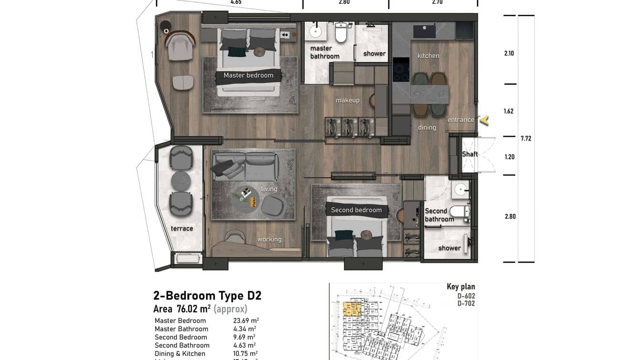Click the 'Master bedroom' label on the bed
[x=248, y=75]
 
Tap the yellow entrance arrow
[x=484, y=120]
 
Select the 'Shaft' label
[x=470, y=154]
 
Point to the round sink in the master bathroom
[x=316, y=32]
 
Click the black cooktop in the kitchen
[x=401, y=70]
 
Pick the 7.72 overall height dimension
[x=526, y=138]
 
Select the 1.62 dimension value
[x=509, y=111]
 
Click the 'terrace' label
[x=182, y=229]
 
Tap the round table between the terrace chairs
[x=181, y=180]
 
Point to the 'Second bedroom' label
[x=356, y=210]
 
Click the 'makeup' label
[x=347, y=100]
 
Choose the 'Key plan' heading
[x=460, y=286]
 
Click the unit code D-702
[x=466, y=304]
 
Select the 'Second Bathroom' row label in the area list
[x=182, y=345]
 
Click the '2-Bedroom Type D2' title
[x=207, y=296]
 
